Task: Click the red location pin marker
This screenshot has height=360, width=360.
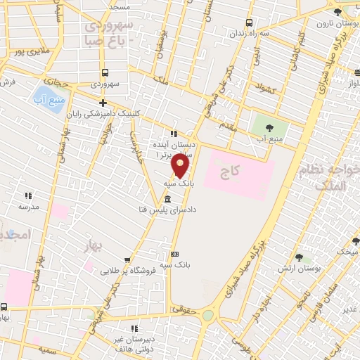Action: tap(181, 166)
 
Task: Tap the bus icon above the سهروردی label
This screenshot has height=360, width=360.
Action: tap(105, 72)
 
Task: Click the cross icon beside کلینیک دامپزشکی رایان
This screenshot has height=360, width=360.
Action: tap(103, 103)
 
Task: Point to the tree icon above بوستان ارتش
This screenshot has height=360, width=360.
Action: tap(300, 258)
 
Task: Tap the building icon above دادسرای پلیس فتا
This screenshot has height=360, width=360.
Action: tap(167, 199)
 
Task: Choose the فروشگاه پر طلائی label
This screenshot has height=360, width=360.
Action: tap(126, 268)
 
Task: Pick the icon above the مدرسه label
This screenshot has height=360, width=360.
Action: tap(29, 195)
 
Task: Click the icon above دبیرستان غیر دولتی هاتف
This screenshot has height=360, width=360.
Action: tap(134, 328)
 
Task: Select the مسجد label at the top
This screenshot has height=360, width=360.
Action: tap(119, 6)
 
